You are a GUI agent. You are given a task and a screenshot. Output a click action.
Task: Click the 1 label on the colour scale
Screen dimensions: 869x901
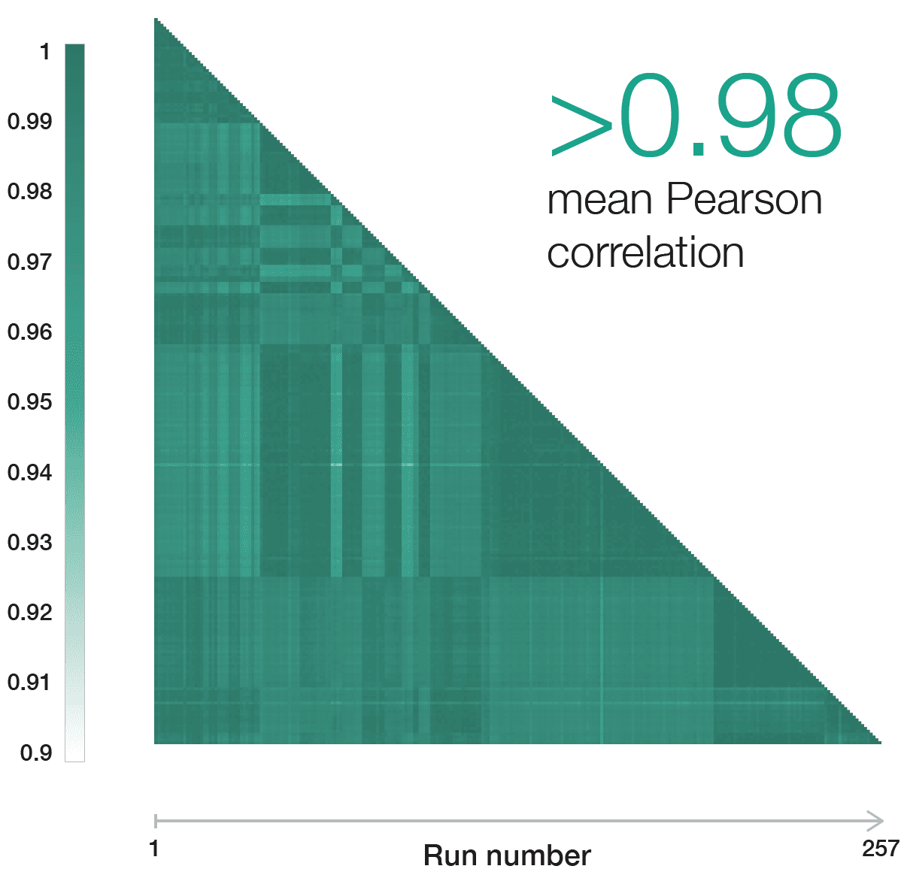[x=45, y=52]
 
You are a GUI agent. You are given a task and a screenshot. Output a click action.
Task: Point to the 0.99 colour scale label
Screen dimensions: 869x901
[x=30, y=122]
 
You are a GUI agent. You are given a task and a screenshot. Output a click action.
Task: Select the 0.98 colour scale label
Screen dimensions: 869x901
[x=30, y=192]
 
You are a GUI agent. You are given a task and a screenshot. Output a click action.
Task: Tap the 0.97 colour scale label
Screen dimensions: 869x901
[x=30, y=262]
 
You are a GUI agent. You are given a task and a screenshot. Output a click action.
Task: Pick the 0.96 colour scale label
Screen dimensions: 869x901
[x=30, y=332]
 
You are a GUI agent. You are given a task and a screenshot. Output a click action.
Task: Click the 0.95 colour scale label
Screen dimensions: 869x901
[x=30, y=402]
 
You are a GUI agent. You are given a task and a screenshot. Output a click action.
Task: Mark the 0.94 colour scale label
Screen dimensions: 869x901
[x=30, y=473]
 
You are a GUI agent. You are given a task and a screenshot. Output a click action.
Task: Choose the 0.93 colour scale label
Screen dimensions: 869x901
[x=30, y=543]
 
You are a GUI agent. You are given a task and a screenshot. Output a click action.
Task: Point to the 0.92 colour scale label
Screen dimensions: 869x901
[x=30, y=613]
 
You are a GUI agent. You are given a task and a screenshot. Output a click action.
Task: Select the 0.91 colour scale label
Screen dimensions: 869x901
[x=30, y=683]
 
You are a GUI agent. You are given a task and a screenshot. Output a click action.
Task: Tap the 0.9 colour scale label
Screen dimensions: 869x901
[x=36, y=753]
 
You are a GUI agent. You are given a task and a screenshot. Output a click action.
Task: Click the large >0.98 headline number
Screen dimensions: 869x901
[x=696, y=117]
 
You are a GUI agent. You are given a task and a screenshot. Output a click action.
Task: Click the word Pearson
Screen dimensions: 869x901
[x=744, y=200]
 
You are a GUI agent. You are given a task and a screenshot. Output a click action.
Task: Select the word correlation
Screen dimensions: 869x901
[x=645, y=253]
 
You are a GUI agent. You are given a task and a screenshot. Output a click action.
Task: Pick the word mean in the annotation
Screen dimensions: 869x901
[x=600, y=201]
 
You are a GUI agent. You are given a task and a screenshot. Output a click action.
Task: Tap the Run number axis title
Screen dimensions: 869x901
[x=507, y=855]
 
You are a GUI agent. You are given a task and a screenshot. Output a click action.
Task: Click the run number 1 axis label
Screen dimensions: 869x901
[x=154, y=849]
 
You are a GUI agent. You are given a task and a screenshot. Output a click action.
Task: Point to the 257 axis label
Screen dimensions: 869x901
[x=881, y=849]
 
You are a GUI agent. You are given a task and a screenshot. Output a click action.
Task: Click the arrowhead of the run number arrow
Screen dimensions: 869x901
[x=876, y=820]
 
